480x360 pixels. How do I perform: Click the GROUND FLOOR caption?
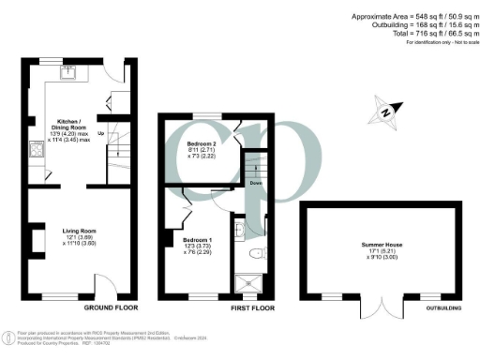coord(111,307)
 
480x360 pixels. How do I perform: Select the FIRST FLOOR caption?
coord(252,307)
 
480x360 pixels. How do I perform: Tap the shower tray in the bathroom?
coord(248,280)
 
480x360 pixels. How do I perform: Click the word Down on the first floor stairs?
coord(255,184)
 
